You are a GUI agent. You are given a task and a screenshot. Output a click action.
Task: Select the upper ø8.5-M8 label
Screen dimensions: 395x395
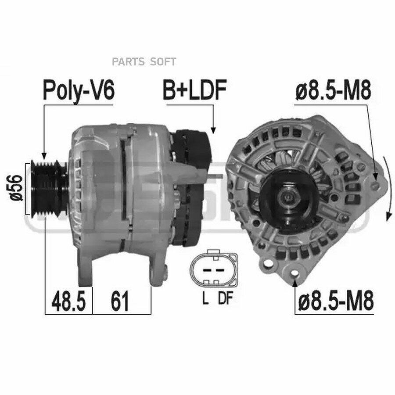333,90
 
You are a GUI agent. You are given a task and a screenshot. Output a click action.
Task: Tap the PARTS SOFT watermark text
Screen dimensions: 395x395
144,62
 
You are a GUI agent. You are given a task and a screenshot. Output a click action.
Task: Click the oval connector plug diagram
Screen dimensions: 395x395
213,269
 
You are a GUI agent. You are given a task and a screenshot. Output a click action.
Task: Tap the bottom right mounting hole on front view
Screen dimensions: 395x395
295,275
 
